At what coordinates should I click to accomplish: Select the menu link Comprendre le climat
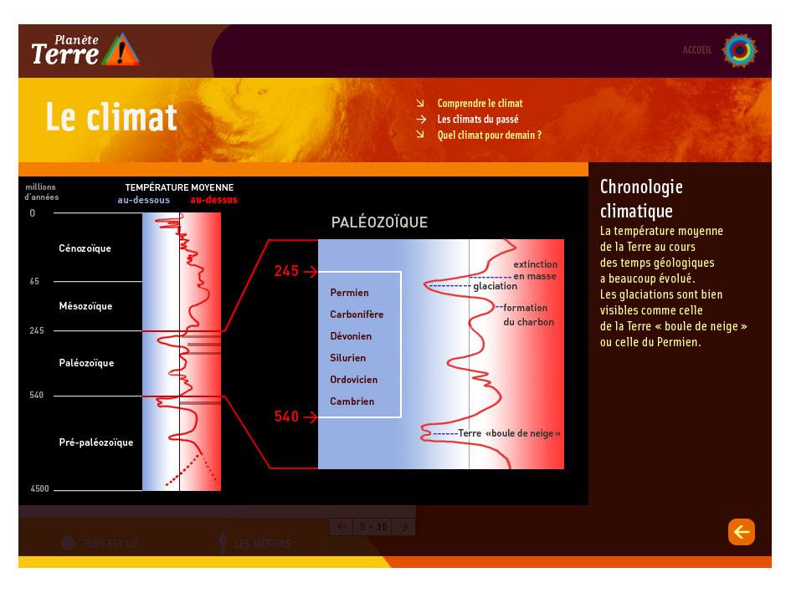[480, 104]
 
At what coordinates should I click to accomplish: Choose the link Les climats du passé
[477, 120]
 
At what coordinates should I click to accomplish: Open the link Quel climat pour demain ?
[489, 135]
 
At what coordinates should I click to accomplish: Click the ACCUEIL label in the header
[697, 50]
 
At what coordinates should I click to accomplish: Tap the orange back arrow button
[742, 532]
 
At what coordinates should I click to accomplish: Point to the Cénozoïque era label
[85, 248]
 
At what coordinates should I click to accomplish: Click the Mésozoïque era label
[85, 306]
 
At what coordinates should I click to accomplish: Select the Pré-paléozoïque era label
[95, 442]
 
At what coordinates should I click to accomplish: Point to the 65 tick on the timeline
[34, 282]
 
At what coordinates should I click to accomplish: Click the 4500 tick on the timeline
[39, 489]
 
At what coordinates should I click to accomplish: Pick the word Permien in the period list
[349, 293]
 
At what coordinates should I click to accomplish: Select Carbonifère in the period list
[357, 314]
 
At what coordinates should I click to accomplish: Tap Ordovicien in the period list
[353, 380]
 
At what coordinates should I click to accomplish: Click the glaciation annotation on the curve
[495, 286]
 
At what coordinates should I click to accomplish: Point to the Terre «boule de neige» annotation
[509, 433]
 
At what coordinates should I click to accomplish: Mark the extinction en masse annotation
[534, 270]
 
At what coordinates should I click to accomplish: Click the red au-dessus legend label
[213, 201]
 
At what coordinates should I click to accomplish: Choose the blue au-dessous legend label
[143, 201]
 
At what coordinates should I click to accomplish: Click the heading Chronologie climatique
[641, 199]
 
